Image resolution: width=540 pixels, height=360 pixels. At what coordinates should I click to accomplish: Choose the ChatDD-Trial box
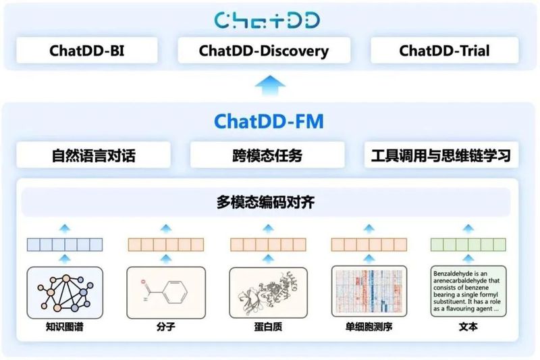[444, 51]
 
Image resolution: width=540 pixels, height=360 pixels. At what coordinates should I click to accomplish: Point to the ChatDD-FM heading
[269, 121]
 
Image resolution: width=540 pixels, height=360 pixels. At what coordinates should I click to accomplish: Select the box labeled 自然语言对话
[94, 155]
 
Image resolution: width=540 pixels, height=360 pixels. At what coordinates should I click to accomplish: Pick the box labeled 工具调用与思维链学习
[445, 155]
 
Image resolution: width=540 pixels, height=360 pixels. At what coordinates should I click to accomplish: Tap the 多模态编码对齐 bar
[269, 201]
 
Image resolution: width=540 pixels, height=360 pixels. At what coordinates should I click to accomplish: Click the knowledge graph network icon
[65, 291]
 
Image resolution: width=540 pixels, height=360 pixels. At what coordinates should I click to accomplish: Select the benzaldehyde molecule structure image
[166, 291]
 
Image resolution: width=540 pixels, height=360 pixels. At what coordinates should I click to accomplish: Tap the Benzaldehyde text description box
[468, 291]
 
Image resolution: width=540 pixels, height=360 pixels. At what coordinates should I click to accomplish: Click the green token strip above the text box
[468, 245]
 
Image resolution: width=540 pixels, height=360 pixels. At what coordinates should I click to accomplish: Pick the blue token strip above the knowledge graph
[65, 245]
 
